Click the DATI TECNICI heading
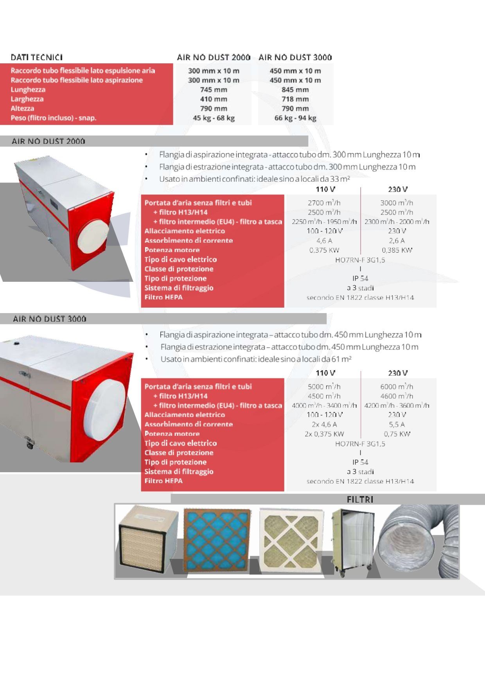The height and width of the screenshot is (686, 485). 37,57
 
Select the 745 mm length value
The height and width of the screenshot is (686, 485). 214,90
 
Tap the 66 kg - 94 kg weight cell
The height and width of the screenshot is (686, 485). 295,118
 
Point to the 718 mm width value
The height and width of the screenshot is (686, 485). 295,99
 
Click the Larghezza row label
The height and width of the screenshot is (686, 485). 27,99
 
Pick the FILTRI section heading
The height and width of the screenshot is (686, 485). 360,500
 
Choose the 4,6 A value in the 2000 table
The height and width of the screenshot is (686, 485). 324,241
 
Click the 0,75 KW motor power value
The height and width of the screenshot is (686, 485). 397,434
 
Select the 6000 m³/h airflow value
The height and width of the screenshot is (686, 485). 397,387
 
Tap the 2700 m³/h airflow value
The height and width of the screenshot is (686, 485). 324,203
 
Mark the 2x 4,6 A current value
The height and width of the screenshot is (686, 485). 324,424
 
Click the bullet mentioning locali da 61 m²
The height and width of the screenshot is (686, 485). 256,359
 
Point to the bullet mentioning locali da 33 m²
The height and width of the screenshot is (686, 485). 254,179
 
